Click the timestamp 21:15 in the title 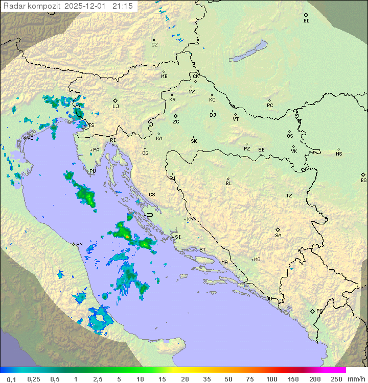123,6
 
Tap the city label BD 306,21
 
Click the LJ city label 116,107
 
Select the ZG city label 176,122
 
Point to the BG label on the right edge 363,180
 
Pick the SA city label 278,236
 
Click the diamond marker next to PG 312,311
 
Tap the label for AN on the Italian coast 79,244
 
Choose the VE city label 30,138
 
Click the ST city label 202,250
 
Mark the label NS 339,154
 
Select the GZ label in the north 154,45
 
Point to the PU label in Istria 93,171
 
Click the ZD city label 150,215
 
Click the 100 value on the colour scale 271,379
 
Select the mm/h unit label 355,379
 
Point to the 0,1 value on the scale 12,379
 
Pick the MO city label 257,260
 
